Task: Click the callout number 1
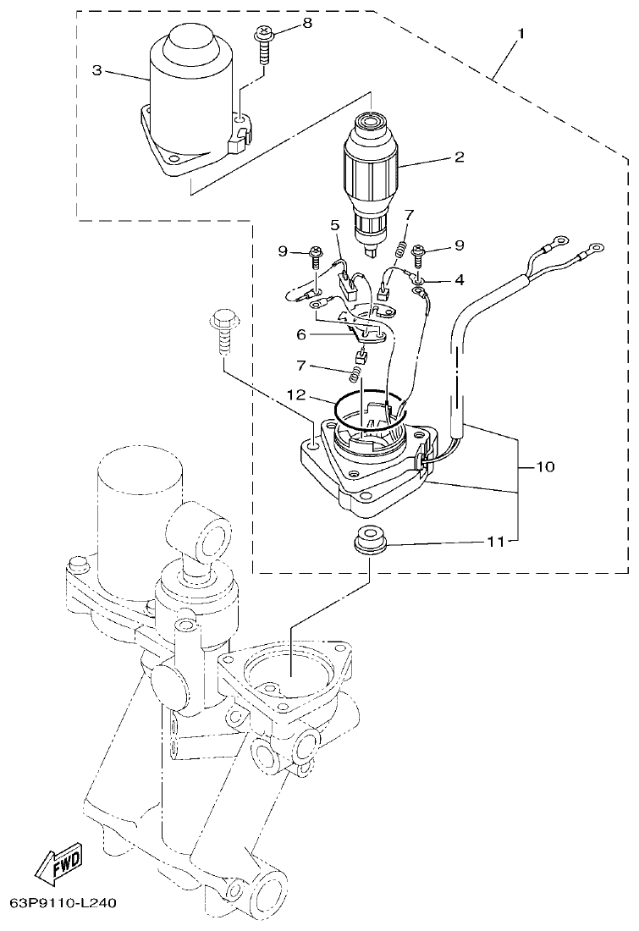pos(521,34)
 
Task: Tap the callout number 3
pos(97,71)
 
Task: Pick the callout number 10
pos(545,466)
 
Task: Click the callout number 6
pos(300,334)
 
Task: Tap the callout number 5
pos(333,226)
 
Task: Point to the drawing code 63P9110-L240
pos(63,903)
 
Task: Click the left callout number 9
pos(283,251)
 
